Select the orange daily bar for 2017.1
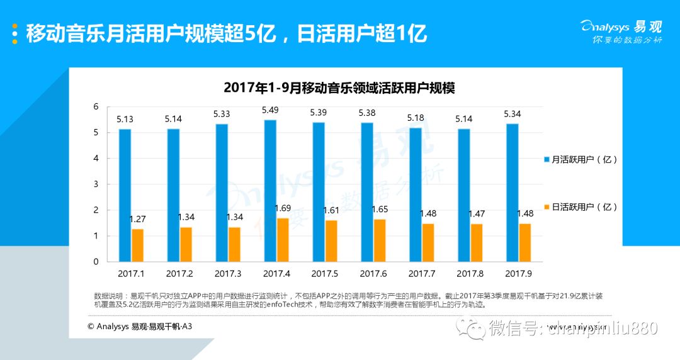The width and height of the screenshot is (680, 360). [137, 245]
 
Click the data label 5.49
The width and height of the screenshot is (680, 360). [270, 111]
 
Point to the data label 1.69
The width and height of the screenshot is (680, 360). [283, 208]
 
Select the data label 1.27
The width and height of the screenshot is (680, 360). [138, 219]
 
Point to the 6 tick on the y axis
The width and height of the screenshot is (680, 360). [96, 107]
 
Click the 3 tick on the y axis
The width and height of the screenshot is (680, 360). [96, 184]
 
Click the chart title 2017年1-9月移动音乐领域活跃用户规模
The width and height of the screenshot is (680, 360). [339, 87]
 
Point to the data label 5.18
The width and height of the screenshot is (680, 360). [416, 118]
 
